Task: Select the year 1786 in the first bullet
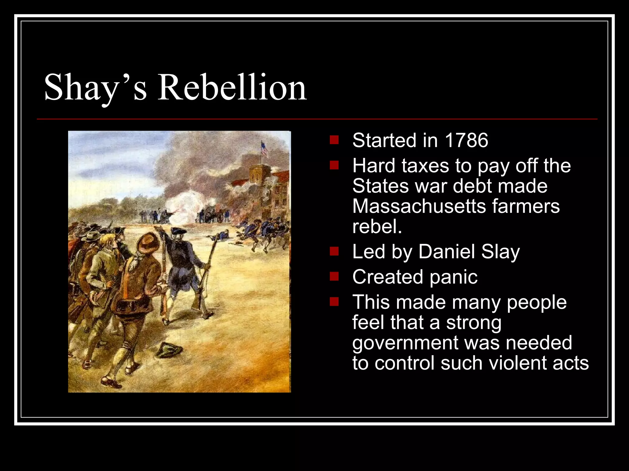[466, 140]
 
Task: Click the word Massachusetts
[419, 206]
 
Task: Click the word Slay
[500, 252]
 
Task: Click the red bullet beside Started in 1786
[334, 140]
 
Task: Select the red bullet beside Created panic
[334, 277]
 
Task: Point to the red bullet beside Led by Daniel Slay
[334, 251]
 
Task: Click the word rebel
[377, 227]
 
